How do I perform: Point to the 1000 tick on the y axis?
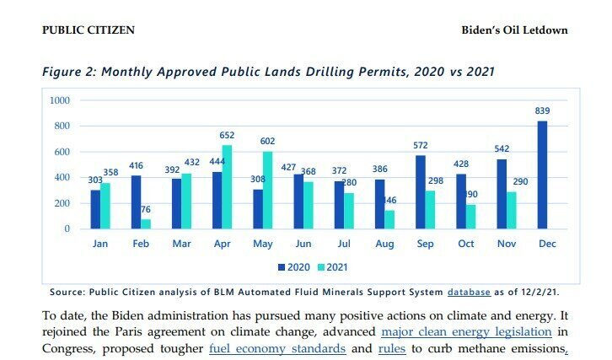(x=60, y=100)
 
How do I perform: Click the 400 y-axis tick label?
(x=63, y=178)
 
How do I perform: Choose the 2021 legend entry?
(x=332, y=267)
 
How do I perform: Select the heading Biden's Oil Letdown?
(x=514, y=30)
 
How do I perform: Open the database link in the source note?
(x=469, y=292)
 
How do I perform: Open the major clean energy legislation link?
(x=466, y=331)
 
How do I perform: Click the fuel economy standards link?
(x=277, y=348)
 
